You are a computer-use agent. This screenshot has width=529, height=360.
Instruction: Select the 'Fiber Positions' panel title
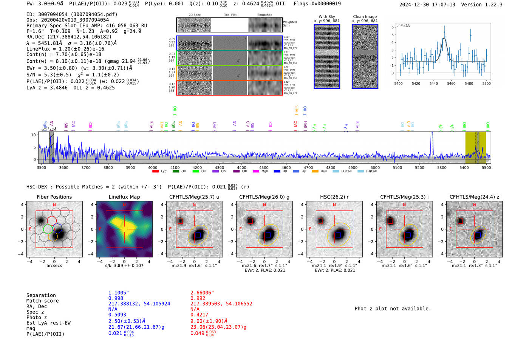(54, 197)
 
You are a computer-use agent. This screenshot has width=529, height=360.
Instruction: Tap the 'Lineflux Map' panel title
(124, 197)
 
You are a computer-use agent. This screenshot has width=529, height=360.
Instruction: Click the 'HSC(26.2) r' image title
(334, 197)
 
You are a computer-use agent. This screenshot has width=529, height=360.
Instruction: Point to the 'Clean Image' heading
(365, 17)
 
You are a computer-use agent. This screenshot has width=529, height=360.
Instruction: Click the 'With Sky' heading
(326, 17)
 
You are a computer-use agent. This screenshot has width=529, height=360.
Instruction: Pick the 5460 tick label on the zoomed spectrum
(451, 83)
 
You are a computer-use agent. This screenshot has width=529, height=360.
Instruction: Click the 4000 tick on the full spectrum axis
(153, 168)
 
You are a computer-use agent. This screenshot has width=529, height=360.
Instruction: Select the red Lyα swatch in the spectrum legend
(155, 172)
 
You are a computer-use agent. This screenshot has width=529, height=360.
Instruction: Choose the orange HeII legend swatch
(315, 172)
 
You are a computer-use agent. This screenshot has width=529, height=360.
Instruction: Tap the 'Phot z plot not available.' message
(393, 309)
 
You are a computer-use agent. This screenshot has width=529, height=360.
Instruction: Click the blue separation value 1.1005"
(119, 293)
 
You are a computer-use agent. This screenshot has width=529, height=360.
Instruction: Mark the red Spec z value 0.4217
(199, 315)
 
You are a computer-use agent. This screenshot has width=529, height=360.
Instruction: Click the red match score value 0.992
(198, 298)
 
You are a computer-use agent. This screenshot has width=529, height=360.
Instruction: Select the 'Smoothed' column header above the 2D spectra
(264, 15)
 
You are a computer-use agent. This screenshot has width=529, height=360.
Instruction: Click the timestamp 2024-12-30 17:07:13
(427, 5)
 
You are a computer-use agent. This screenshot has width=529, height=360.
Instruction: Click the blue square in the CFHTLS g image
(268, 235)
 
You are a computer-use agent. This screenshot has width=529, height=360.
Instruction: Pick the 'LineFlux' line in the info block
(65, 49)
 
